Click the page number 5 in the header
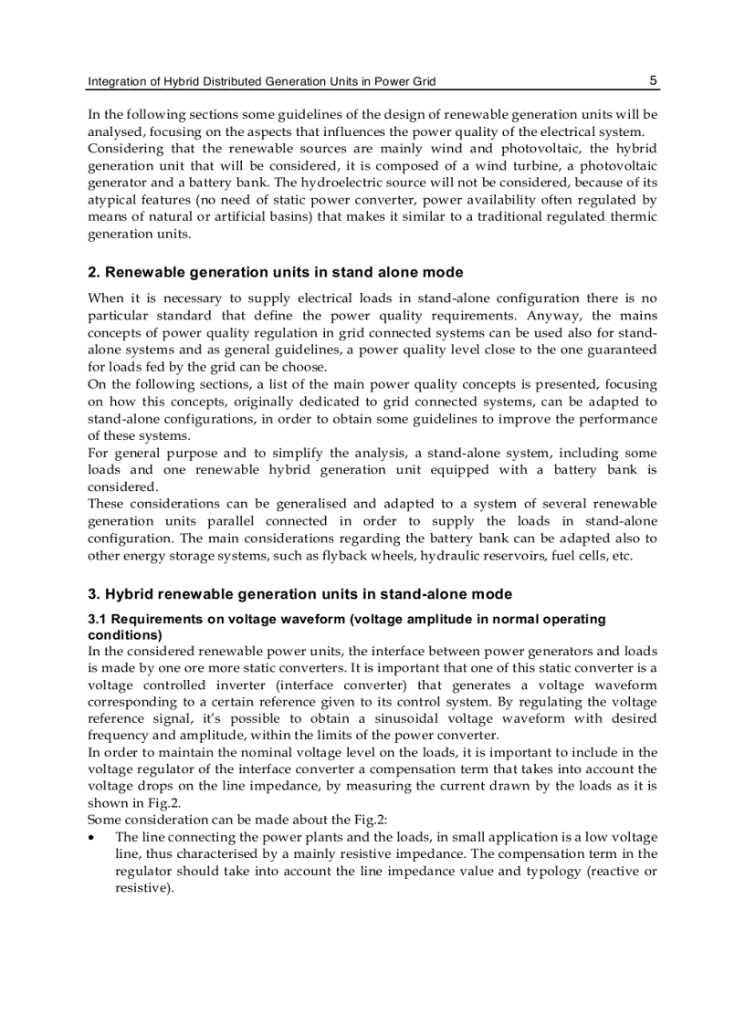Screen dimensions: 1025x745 click(x=653, y=80)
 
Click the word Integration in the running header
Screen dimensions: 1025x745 click(x=116, y=81)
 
